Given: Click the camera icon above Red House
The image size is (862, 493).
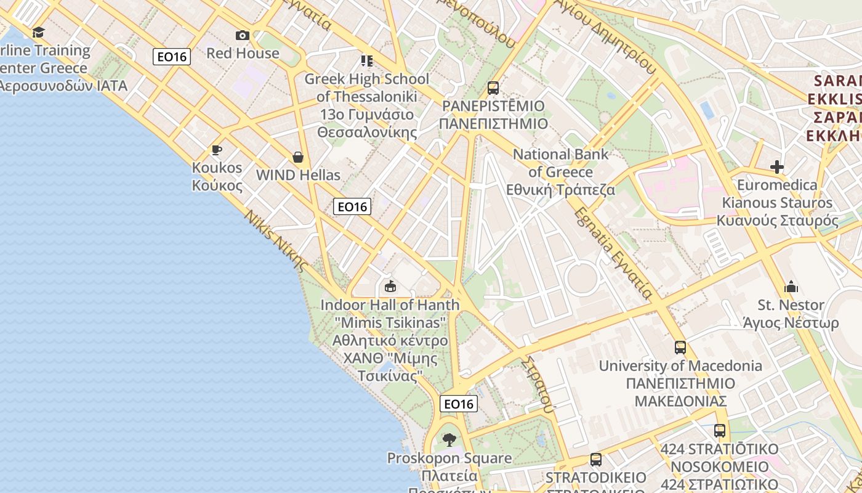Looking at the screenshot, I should [x=243, y=35].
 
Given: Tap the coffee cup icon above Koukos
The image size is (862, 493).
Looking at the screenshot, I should [x=216, y=150].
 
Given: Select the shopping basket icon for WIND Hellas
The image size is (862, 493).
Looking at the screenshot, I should [x=298, y=157].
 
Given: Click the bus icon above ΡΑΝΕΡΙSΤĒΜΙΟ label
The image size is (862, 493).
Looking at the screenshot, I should [x=493, y=88].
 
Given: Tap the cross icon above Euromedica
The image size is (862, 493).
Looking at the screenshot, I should [x=777, y=166].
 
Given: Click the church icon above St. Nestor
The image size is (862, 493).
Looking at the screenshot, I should [x=791, y=287].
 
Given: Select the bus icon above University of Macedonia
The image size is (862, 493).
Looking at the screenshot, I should [x=680, y=347].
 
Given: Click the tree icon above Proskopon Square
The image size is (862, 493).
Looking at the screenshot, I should [x=449, y=439].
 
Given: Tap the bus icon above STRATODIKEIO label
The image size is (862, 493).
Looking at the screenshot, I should [x=595, y=459].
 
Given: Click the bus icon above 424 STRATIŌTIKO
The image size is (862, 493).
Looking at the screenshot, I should [x=719, y=430].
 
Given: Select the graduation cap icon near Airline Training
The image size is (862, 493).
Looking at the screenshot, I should [x=39, y=32].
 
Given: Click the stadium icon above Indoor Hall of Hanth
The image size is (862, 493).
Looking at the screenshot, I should [x=390, y=286].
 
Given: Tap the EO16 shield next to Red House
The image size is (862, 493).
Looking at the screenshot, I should [x=172, y=57].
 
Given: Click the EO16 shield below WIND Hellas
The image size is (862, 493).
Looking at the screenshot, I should [x=352, y=206].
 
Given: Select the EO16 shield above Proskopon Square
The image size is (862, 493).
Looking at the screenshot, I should [x=459, y=404].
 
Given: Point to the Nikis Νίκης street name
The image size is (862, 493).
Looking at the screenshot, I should [x=276, y=241].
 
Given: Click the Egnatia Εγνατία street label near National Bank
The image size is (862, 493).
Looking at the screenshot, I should [x=613, y=253].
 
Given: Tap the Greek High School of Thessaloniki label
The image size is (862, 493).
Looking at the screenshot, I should [x=367, y=88].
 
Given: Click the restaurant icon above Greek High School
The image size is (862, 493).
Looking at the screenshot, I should [x=367, y=60].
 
